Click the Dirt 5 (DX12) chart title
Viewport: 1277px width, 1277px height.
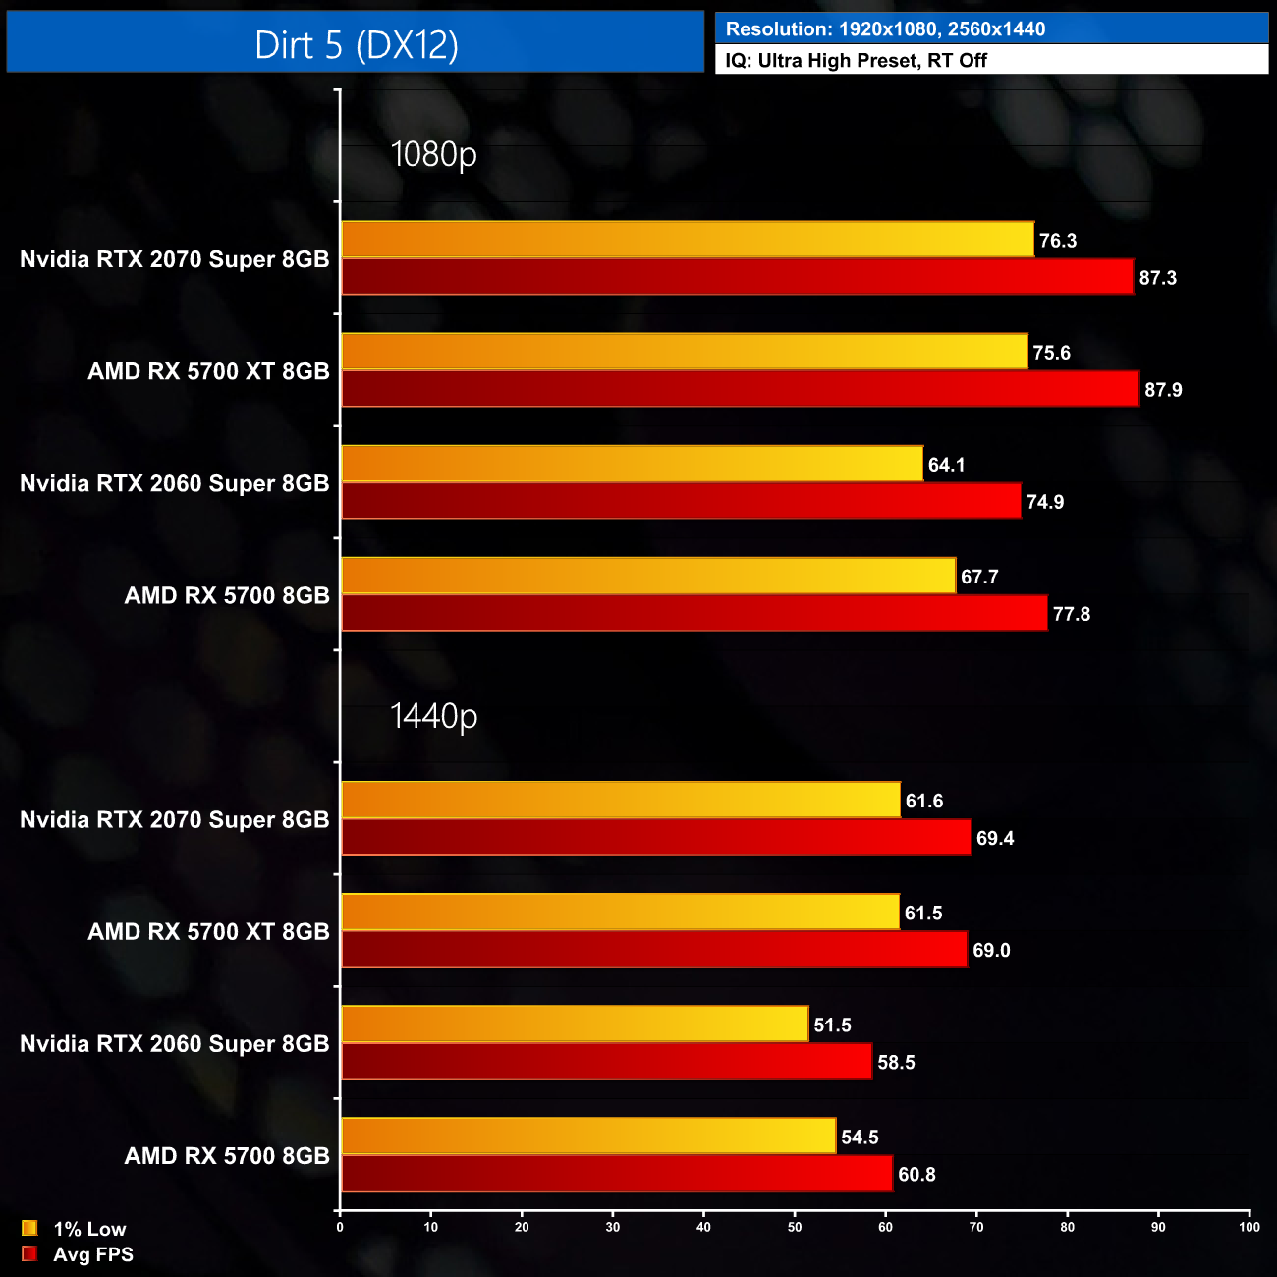pyautogui.click(x=356, y=44)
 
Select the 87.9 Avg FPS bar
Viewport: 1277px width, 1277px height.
pyautogui.click(x=740, y=389)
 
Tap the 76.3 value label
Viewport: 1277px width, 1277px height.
pyautogui.click(x=1058, y=241)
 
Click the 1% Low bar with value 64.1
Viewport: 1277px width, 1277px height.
pyautogui.click(x=632, y=464)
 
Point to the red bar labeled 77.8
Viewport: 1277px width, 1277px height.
pyautogui.click(x=694, y=613)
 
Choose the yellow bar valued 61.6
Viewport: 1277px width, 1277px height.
pyautogui.click(x=620, y=800)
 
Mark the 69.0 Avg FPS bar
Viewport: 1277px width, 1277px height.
pyautogui.click(x=653, y=949)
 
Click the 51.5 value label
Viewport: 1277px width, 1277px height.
pyautogui.click(x=832, y=1026)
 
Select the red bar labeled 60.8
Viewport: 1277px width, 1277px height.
pyautogui.click(x=616, y=1173)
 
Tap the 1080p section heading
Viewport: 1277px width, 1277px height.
pyautogui.click(x=433, y=154)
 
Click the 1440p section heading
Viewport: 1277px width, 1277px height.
pyautogui.click(x=433, y=716)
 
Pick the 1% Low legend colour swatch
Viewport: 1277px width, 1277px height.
pyautogui.click(x=29, y=1228)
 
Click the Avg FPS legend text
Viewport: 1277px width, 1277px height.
pyautogui.click(x=93, y=1254)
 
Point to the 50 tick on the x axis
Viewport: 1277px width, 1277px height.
pyautogui.click(x=795, y=1226)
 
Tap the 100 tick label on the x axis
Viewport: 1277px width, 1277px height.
pyautogui.click(x=1249, y=1226)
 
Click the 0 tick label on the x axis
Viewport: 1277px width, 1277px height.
pyautogui.click(x=340, y=1226)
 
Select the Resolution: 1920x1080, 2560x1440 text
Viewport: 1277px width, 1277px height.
pyautogui.click(x=885, y=29)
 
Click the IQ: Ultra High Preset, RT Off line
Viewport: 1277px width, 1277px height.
pyautogui.click(x=856, y=60)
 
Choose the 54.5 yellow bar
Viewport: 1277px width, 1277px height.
pyautogui.click(x=588, y=1136)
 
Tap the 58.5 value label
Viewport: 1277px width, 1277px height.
pyautogui.click(x=896, y=1063)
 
